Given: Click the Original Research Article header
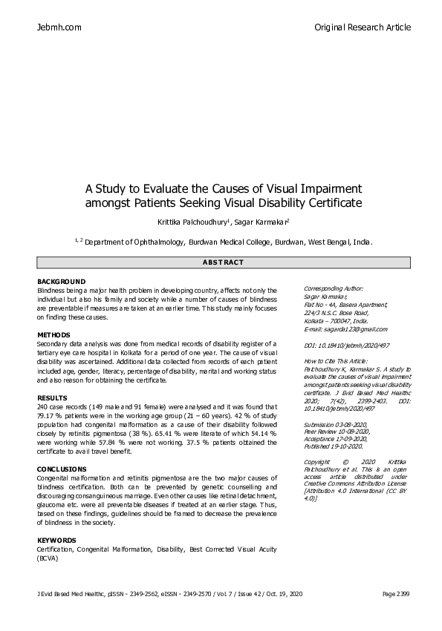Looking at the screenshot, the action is pos(362,27).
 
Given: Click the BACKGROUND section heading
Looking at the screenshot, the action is pos(61,283).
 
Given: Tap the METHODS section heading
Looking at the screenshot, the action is pos(53,335).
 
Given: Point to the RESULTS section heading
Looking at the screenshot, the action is pos(52,398).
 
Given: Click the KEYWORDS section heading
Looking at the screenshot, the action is pos(56,540).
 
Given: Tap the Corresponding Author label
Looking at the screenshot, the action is pos(334,288).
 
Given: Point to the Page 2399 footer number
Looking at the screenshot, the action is pos(396,594).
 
